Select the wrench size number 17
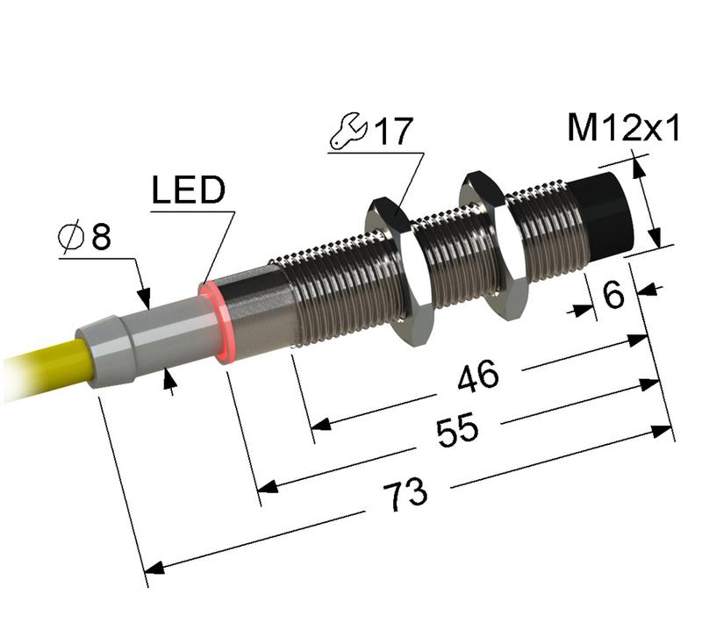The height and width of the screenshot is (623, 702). (x=392, y=133)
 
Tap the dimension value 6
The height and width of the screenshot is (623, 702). (x=613, y=296)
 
